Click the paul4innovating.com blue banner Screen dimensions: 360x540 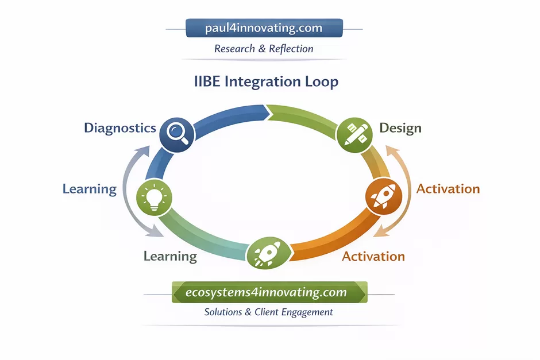pos(264,28)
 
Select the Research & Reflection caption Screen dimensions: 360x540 pos(264,49)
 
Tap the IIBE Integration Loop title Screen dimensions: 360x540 pos(266,82)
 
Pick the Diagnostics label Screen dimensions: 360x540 pos(120,127)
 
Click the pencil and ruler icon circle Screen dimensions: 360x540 pos(352,136)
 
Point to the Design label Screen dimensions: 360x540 pos(400,128)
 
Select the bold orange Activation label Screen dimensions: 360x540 pos(448,189)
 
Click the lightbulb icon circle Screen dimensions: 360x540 pos(153,198)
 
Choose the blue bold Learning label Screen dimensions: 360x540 pos(90,189)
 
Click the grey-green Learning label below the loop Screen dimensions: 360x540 pos(170,257)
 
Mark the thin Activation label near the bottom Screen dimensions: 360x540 pos(373,257)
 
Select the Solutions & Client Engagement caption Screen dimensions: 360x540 pos(269,312)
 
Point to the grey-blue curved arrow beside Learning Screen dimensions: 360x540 pos(133,189)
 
